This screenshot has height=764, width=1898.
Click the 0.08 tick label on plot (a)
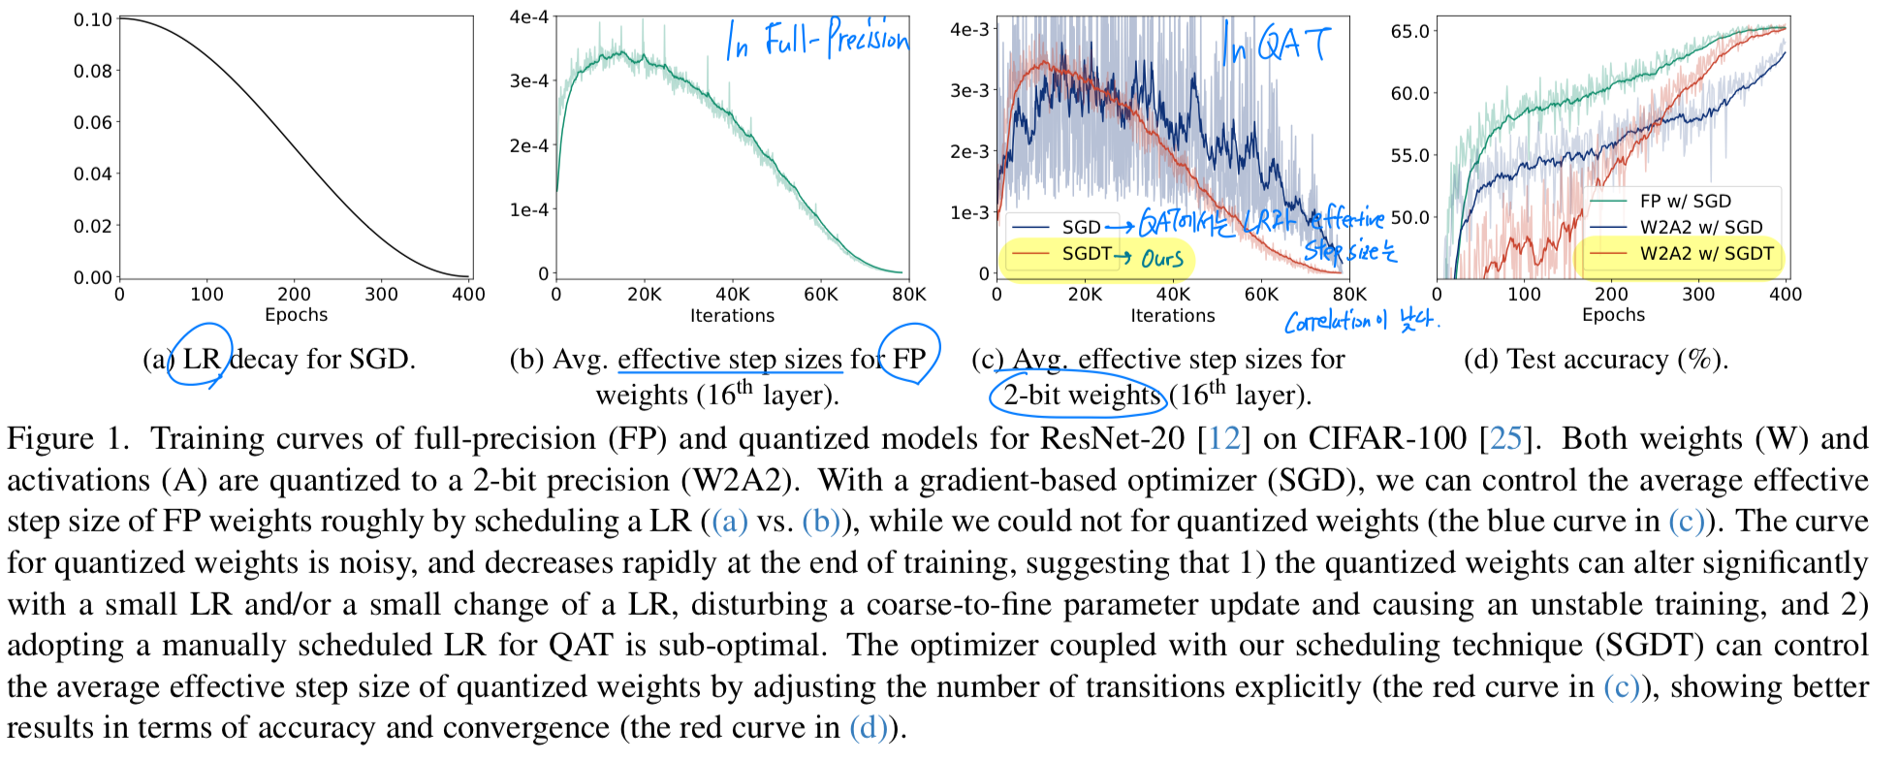[93, 71]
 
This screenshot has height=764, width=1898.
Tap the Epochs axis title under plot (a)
[296, 315]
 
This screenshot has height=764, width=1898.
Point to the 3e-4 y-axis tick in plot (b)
[529, 81]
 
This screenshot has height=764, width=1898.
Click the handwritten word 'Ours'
[1161, 259]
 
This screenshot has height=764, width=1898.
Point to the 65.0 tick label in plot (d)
[1409, 32]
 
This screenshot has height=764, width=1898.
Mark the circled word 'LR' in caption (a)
[202, 360]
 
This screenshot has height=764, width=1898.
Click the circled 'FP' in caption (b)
[908, 359]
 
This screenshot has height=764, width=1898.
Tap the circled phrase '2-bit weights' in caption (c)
[1081, 396]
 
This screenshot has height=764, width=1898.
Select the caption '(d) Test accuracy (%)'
[1596, 360]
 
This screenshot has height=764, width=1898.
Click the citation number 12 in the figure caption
[1223, 439]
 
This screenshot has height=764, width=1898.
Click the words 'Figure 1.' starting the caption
[68, 439]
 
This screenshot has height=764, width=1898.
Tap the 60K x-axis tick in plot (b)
[820, 295]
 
